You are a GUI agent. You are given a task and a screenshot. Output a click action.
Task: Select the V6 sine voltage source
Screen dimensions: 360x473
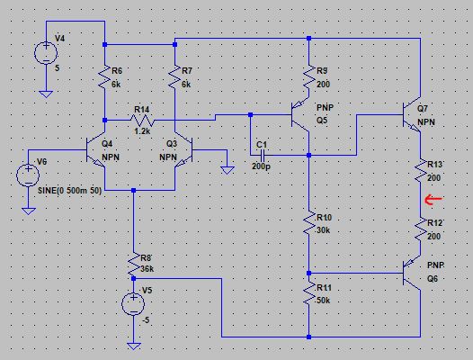(29, 171)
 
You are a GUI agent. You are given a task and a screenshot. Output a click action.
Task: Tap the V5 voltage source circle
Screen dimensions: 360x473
(133, 302)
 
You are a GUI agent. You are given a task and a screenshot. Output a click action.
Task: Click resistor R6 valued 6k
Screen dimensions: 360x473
(105, 79)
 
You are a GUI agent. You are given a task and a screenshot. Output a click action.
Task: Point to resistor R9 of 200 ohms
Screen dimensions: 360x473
(308, 79)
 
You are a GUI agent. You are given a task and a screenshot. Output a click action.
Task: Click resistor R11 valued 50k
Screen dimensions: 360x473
(308, 295)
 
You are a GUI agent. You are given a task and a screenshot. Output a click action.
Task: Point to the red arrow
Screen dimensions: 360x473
(433, 200)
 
